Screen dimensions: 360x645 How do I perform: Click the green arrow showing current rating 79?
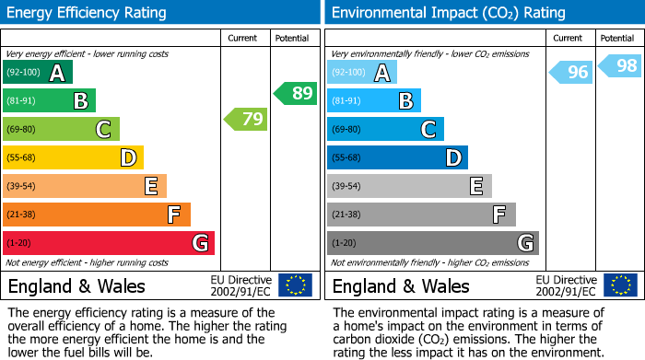click(x=245, y=119)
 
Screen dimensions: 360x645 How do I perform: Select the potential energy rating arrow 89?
click(x=295, y=93)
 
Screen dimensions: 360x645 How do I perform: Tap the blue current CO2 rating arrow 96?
click(x=570, y=72)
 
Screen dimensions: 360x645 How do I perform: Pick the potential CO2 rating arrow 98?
click(x=620, y=65)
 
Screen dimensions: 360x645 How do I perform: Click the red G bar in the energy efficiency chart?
click(x=108, y=243)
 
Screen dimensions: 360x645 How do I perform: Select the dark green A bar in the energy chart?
click(x=38, y=73)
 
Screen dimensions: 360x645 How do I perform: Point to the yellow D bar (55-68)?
click(x=73, y=157)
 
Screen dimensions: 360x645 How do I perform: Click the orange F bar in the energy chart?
click(x=97, y=215)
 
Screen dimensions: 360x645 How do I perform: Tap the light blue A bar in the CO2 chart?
click(x=362, y=73)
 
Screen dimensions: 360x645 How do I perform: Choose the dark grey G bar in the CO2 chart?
click(x=432, y=243)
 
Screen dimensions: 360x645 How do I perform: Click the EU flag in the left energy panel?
click(x=295, y=285)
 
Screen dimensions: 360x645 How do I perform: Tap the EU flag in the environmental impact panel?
click(x=620, y=285)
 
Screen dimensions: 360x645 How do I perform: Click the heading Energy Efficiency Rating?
click(x=88, y=13)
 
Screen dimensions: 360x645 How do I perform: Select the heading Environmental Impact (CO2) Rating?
click(x=448, y=13)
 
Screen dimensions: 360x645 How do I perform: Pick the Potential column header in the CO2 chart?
click(x=617, y=39)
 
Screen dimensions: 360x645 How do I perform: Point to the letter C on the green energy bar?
click(x=103, y=130)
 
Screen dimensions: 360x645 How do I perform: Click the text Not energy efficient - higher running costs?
click(x=88, y=262)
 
